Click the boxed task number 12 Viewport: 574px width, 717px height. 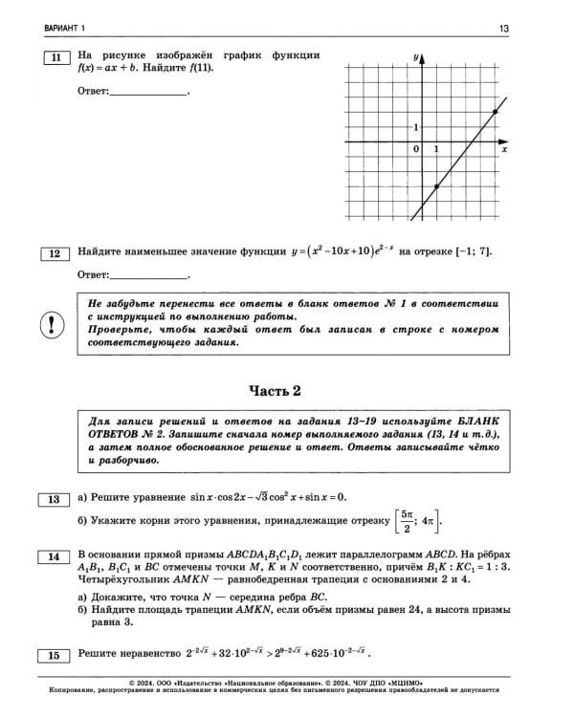(x=54, y=253)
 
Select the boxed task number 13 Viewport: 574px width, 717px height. (x=54, y=498)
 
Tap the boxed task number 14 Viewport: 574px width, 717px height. (x=54, y=555)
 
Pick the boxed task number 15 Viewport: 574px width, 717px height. (x=54, y=655)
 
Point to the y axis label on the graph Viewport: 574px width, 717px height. (x=417, y=58)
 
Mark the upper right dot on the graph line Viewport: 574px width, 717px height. (x=495, y=112)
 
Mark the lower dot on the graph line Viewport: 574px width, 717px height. (x=436, y=187)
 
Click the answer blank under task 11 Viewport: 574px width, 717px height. (x=149, y=92)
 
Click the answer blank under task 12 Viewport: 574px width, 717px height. (x=149, y=275)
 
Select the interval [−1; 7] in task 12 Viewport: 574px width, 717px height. (x=474, y=252)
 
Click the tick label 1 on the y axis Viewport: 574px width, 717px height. (x=415, y=127)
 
